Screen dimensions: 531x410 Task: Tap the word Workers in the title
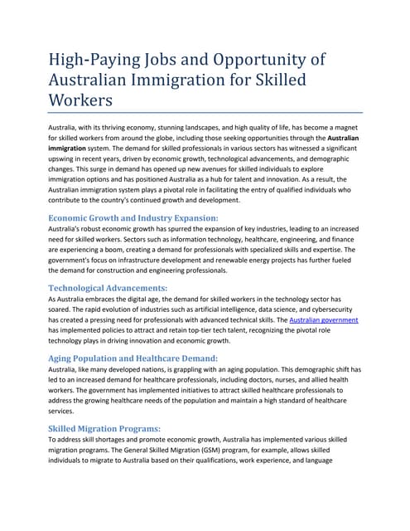[82, 100]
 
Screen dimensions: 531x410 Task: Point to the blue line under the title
[205, 112]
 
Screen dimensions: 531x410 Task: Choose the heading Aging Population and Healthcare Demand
[133, 358]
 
